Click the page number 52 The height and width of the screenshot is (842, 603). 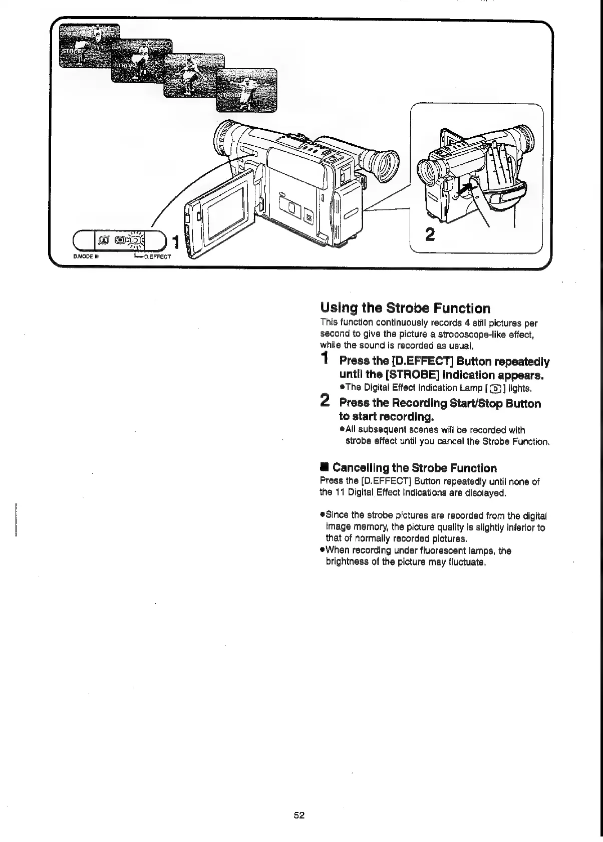(x=299, y=815)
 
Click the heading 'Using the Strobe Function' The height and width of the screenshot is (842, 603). (x=405, y=308)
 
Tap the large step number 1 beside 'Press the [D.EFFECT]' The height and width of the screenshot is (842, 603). (x=325, y=359)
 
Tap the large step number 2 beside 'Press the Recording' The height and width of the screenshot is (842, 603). (x=325, y=401)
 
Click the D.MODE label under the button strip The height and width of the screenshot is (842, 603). (x=82, y=257)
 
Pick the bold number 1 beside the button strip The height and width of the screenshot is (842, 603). (x=174, y=242)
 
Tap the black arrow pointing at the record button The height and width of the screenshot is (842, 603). (x=465, y=189)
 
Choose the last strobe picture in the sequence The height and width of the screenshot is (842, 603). (x=246, y=91)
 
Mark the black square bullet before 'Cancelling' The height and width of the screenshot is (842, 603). (x=325, y=468)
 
